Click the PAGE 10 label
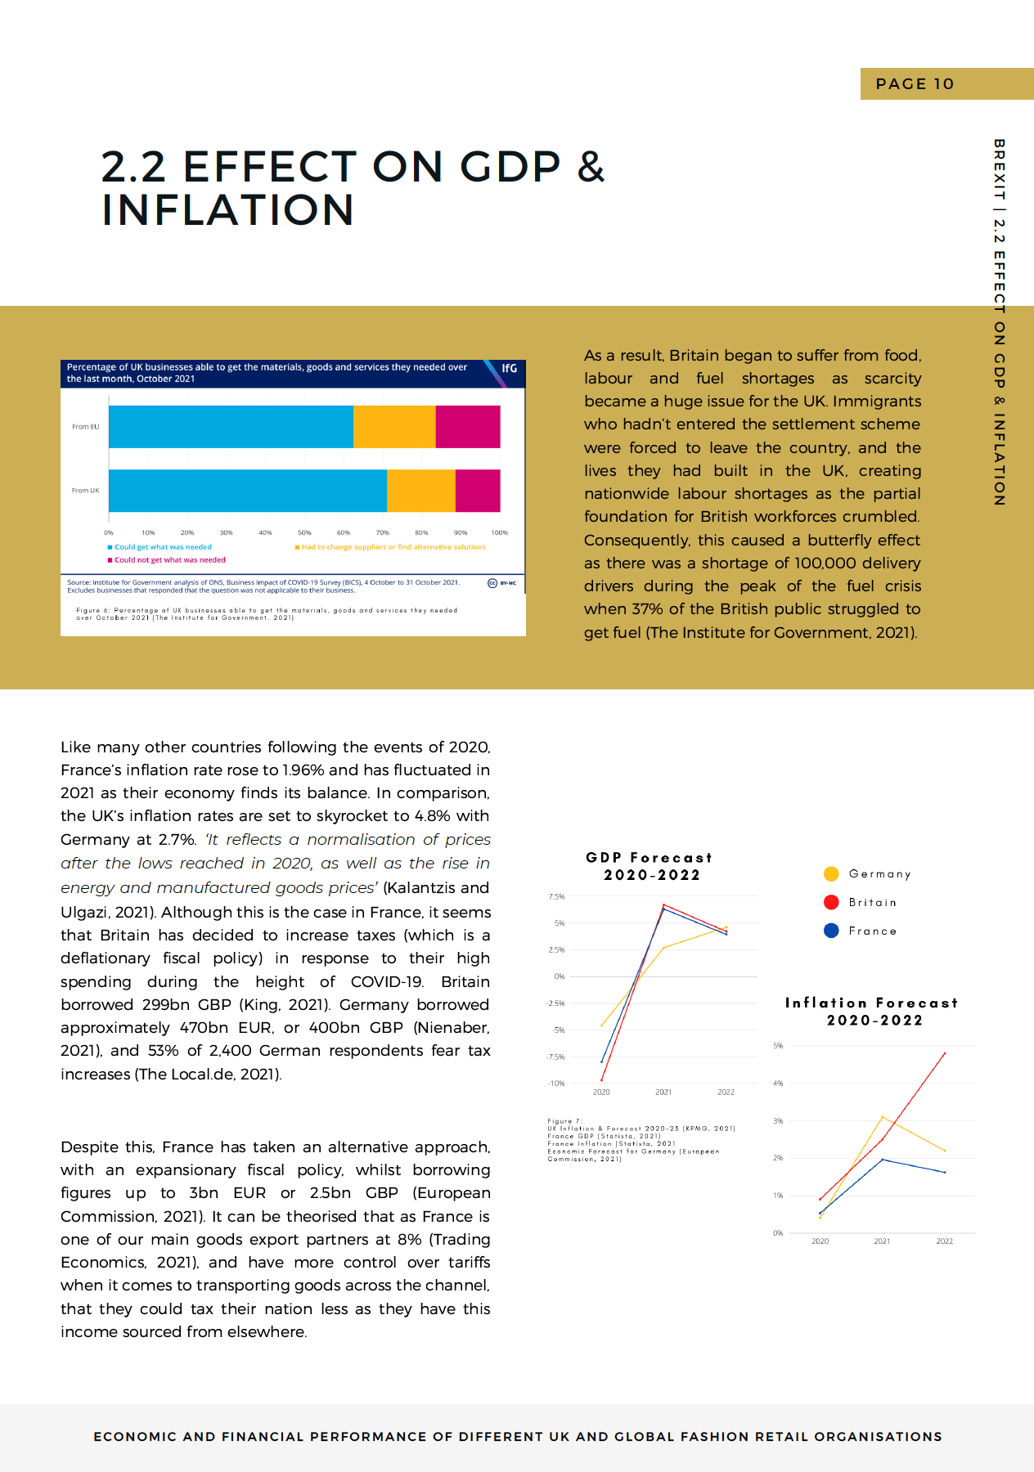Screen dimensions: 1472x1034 [915, 84]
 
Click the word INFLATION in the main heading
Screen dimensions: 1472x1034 [228, 210]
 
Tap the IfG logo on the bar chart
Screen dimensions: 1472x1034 [509, 369]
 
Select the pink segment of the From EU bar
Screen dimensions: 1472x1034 [467, 427]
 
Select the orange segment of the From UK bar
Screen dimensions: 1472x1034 [420, 491]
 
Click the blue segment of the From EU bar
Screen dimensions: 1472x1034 [231, 427]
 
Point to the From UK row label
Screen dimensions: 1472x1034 [85, 491]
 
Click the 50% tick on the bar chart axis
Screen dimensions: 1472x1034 [304, 532]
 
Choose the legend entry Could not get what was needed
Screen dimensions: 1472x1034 [169, 560]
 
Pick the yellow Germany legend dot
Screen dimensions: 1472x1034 [831, 873]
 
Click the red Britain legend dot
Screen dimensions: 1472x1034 [831, 902]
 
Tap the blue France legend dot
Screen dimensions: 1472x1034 [831, 931]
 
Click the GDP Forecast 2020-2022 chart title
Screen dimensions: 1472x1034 [650, 866]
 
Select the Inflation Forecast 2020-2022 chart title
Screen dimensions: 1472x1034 [872, 1012]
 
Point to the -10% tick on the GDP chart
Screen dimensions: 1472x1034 [556, 1084]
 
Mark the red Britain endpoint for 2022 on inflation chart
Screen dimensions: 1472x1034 [945, 1053]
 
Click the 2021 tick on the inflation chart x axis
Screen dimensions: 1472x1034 [882, 1241]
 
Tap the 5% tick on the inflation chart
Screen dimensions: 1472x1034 [778, 1046]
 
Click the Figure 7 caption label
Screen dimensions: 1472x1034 [564, 1121]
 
